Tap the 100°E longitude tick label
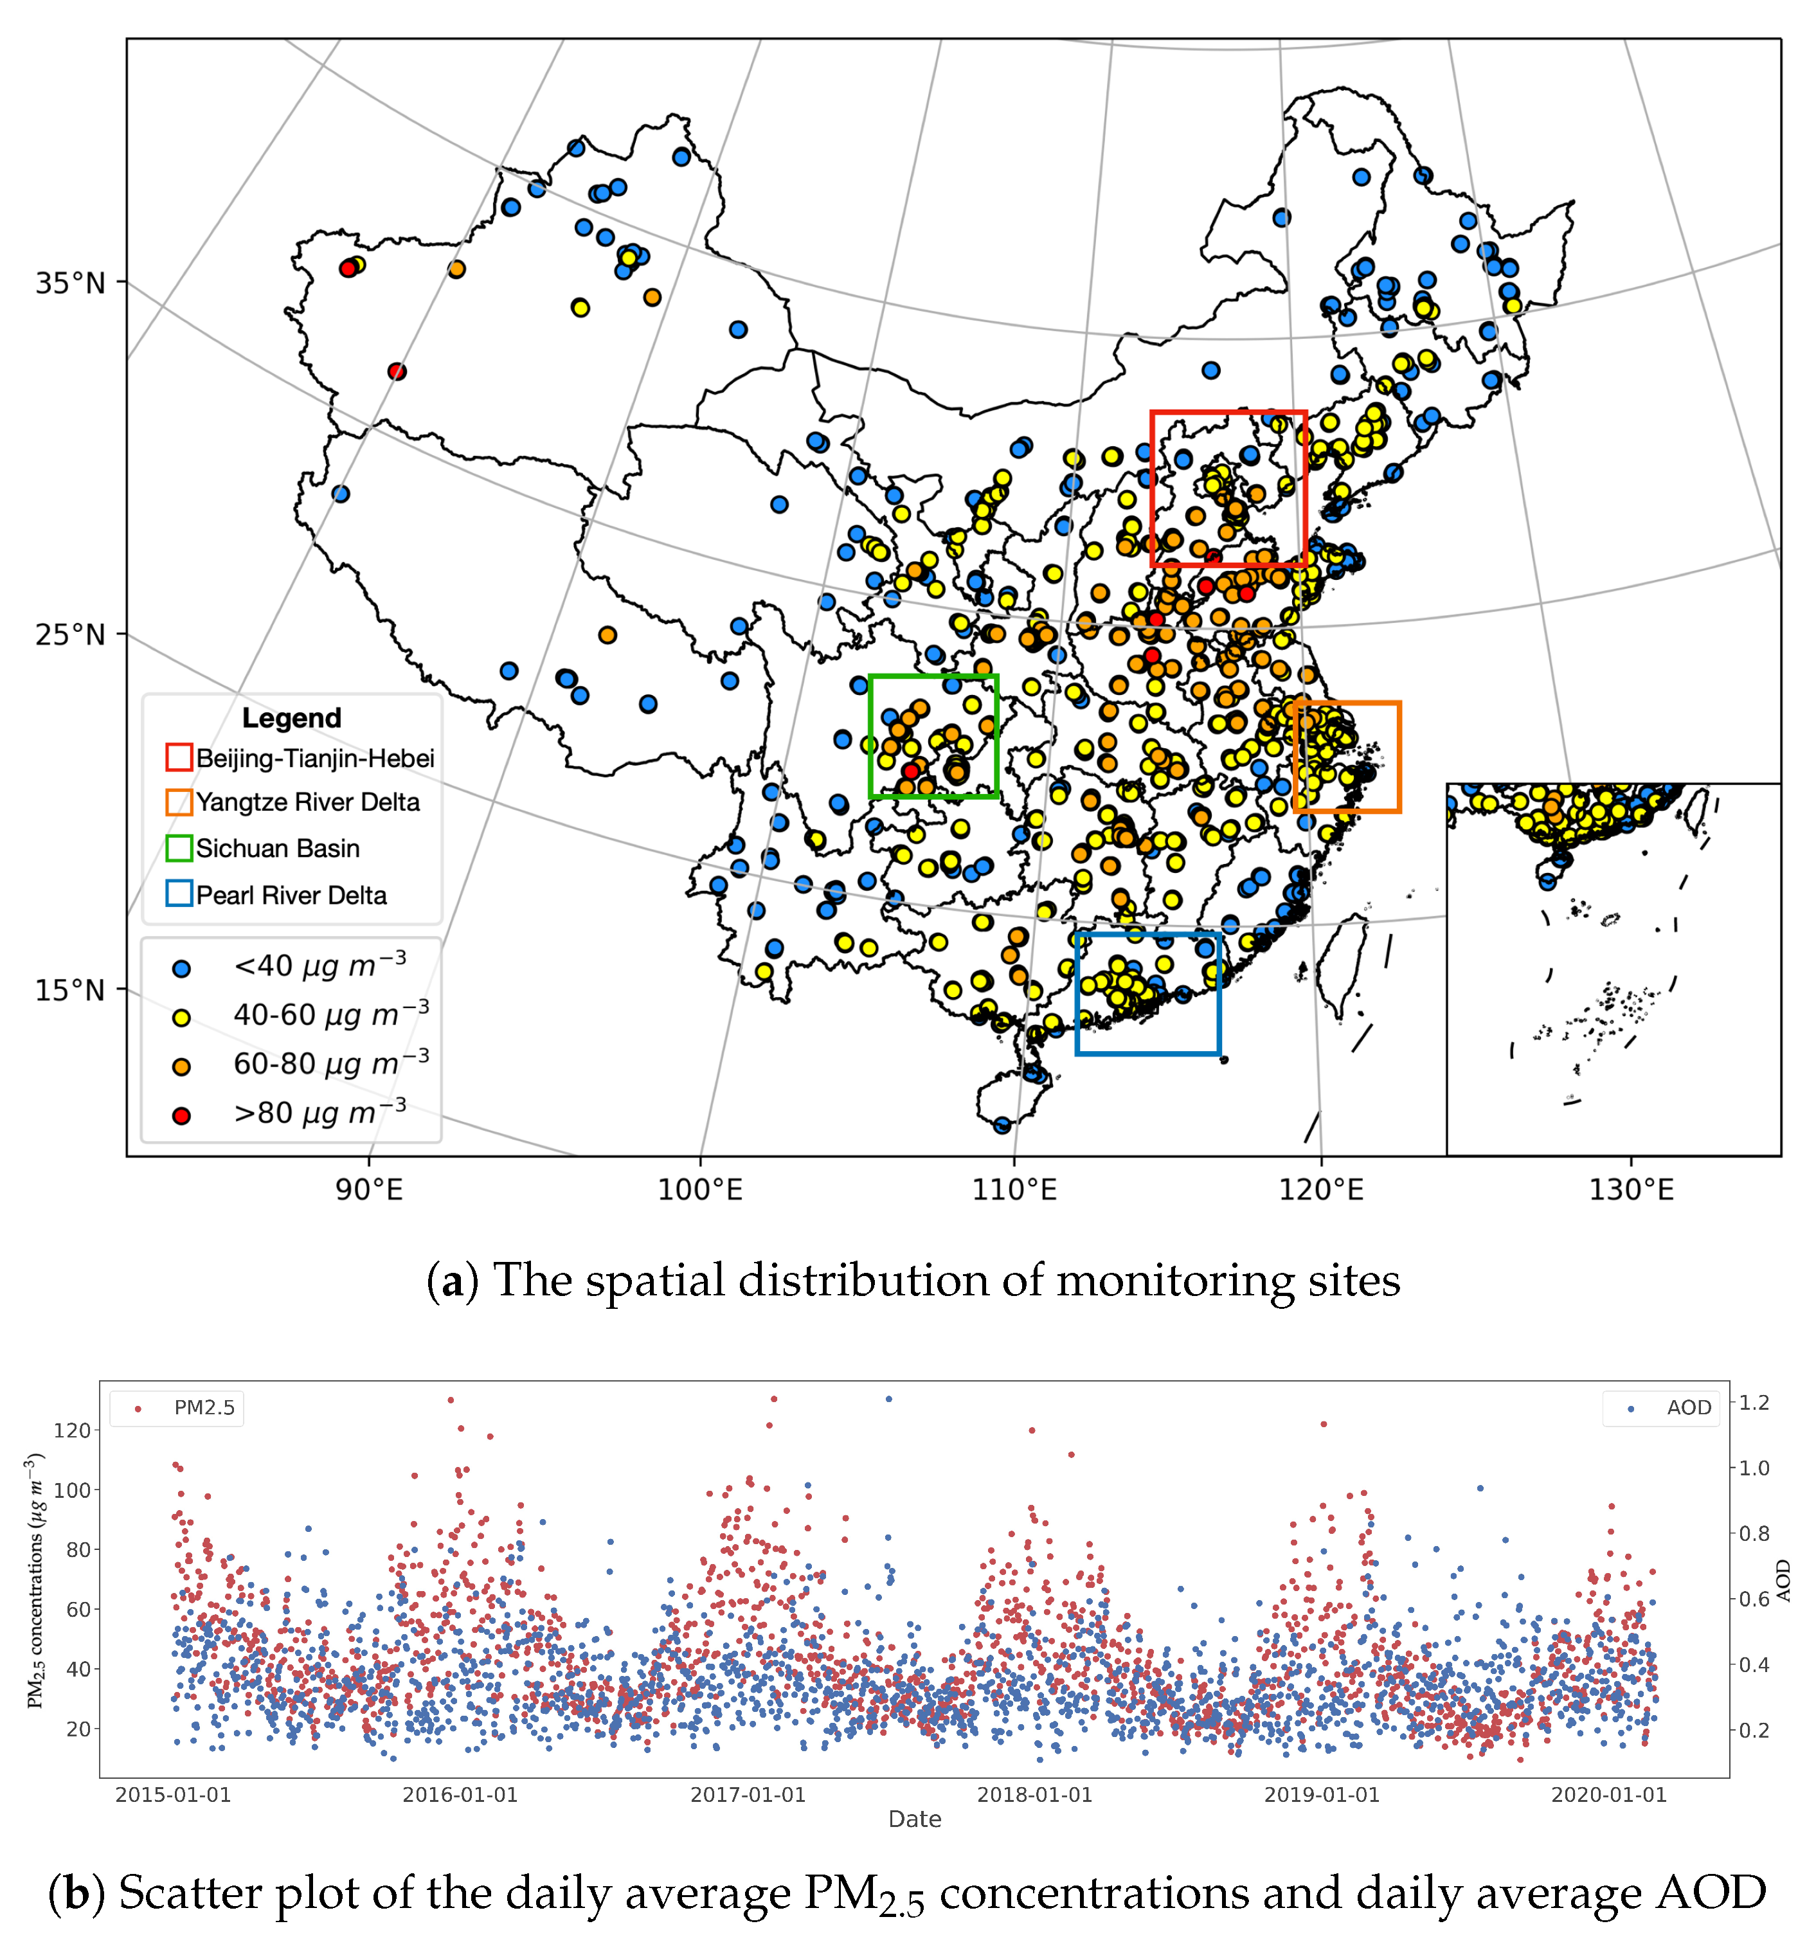pos(699,1190)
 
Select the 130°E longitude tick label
pos(1631,1190)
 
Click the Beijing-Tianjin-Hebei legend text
pos(315,759)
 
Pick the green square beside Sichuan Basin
pos(179,848)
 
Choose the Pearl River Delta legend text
pos(291,895)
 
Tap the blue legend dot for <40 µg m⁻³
pos(181,969)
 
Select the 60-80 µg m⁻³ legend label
pos(330,1064)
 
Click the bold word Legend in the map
pos(291,718)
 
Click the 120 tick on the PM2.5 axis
pos(71,1430)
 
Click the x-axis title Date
pos(914,1819)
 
